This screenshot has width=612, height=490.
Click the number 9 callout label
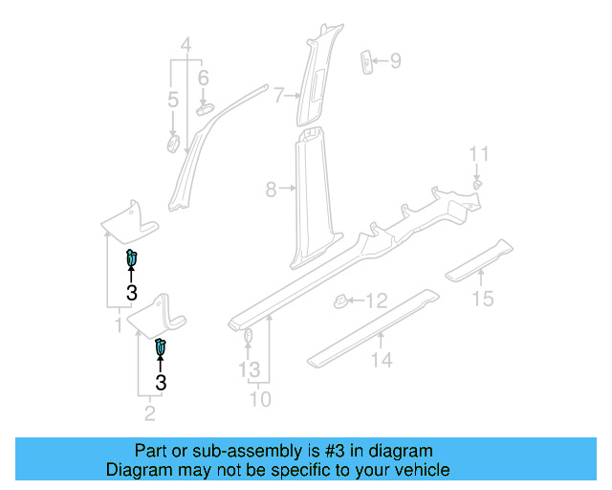tap(395, 62)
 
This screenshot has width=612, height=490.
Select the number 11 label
tap(478, 154)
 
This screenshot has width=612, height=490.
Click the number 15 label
tap(483, 300)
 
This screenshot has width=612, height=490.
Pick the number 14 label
tap(382, 360)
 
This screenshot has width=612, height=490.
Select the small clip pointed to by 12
tap(339, 301)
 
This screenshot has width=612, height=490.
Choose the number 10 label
tap(258, 399)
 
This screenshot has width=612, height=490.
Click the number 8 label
tap(272, 190)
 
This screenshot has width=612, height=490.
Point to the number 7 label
tap(278, 96)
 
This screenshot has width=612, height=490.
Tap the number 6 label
tap(203, 78)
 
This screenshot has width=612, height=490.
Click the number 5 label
tap(173, 100)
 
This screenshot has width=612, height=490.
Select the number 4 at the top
tap(186, 44)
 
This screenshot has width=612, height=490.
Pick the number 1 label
tap(120, 326)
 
